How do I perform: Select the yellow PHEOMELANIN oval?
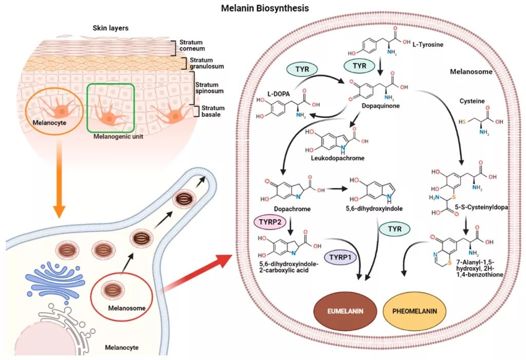click(415, 311)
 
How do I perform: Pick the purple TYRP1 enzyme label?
click(340, 257)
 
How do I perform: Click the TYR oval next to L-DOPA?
click(302, 69)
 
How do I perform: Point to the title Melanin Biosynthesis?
click(265, 8)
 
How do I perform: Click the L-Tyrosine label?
click(428, 44)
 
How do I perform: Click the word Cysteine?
click(472, 101)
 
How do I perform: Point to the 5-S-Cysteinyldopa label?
click(482, 207)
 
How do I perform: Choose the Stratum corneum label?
click(192, 45)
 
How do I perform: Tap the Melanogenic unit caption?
click(118, 137)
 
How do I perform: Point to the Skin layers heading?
click(110, 28)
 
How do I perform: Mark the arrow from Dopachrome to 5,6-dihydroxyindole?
click(336, 189)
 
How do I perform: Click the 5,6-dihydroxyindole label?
click(374, 209)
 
